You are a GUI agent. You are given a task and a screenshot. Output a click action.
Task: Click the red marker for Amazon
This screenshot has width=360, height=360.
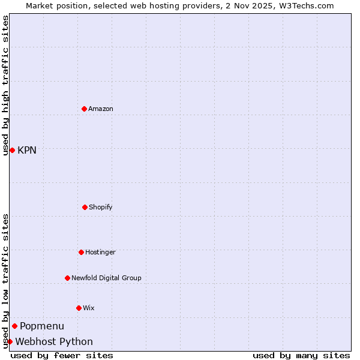84,109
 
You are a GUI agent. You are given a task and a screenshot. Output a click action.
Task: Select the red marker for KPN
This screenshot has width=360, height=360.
12,150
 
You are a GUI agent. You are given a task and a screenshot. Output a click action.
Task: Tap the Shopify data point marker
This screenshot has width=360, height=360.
85,207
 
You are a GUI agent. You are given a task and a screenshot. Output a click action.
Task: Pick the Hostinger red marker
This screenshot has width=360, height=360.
81,252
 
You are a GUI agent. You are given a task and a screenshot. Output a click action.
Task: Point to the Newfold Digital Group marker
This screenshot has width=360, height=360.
67,278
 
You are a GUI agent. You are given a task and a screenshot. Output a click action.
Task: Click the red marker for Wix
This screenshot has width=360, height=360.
79,308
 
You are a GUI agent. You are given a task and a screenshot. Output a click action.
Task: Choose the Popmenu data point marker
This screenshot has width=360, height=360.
14,326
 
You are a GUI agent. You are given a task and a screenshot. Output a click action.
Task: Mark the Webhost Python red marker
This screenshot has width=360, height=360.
10,341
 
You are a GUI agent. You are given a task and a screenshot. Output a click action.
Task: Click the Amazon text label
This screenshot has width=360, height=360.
101,109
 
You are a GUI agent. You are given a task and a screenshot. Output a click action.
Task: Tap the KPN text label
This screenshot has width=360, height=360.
27,150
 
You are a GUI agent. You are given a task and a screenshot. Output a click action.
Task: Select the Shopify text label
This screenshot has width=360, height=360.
101,207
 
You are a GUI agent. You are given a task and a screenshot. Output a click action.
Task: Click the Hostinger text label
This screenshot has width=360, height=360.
100,252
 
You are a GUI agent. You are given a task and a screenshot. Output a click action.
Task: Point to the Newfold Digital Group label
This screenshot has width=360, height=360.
106,278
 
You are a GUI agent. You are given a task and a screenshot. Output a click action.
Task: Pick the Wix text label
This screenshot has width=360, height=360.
89,308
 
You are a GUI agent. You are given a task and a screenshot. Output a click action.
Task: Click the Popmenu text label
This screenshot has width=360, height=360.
42,326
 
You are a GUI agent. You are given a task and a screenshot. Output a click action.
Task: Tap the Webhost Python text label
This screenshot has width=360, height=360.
54,341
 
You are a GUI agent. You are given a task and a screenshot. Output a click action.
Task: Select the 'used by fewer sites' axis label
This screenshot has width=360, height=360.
62,355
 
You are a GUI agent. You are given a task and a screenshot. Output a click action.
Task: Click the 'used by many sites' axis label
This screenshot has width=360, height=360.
301,355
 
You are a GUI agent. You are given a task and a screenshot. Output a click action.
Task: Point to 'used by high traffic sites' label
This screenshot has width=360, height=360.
5,85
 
